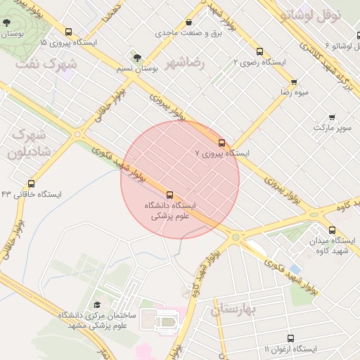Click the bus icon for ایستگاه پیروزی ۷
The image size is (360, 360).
click(222, 143)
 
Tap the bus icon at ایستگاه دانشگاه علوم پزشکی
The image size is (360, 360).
click(169, 195)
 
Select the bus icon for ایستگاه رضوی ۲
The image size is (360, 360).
click(259, 52)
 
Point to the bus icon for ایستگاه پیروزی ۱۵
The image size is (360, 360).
click(68, 32)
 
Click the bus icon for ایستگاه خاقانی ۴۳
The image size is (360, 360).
click(31, 184)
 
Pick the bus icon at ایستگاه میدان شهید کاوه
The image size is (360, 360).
click(332, 230)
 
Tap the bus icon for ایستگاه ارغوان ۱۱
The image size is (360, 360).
click(290, 338)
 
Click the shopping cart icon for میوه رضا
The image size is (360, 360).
click(294, 82)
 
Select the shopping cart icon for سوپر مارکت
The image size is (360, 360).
click(332, 117)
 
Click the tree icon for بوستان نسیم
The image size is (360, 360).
click(137, 57)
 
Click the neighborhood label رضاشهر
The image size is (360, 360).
click(186, 63)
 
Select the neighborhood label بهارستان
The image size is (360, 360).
click(236, 309)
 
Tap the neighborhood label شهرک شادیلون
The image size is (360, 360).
click(29, 142)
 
